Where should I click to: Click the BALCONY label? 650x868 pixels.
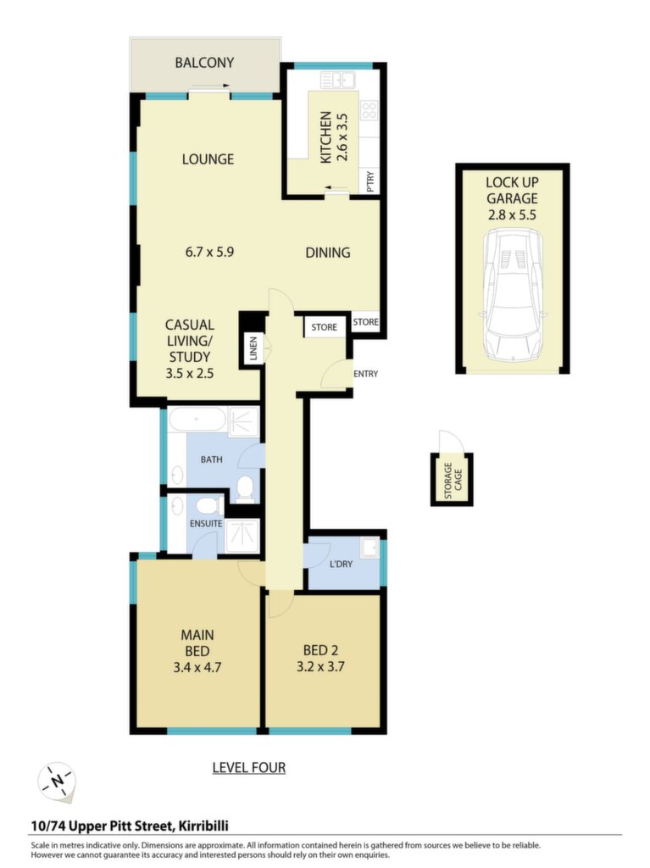(204, 63)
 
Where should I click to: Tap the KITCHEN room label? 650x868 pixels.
(326, 137)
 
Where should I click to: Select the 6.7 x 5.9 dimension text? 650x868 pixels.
(209, 252)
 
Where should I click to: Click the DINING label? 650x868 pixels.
(328, 253)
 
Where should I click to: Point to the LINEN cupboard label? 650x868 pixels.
(253, 348)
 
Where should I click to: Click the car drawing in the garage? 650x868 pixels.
(512, 295)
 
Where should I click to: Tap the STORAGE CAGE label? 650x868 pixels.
(453, 480)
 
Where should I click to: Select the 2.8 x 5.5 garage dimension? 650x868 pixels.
(512, 214)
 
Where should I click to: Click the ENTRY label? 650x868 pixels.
(366, 374)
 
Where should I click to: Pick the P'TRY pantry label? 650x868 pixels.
(370, 181)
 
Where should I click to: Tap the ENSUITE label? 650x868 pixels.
(206, 523)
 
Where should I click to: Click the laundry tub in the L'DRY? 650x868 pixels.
(369, 548)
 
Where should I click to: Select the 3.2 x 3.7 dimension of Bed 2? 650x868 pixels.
(320, 667)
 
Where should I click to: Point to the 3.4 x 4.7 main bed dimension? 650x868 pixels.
(197, 668)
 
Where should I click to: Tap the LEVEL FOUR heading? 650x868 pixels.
(249, 768)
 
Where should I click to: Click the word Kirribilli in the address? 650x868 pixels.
(203, 826)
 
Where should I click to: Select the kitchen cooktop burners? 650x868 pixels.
(369, 110)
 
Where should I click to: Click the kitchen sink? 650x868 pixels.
(338, 81)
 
